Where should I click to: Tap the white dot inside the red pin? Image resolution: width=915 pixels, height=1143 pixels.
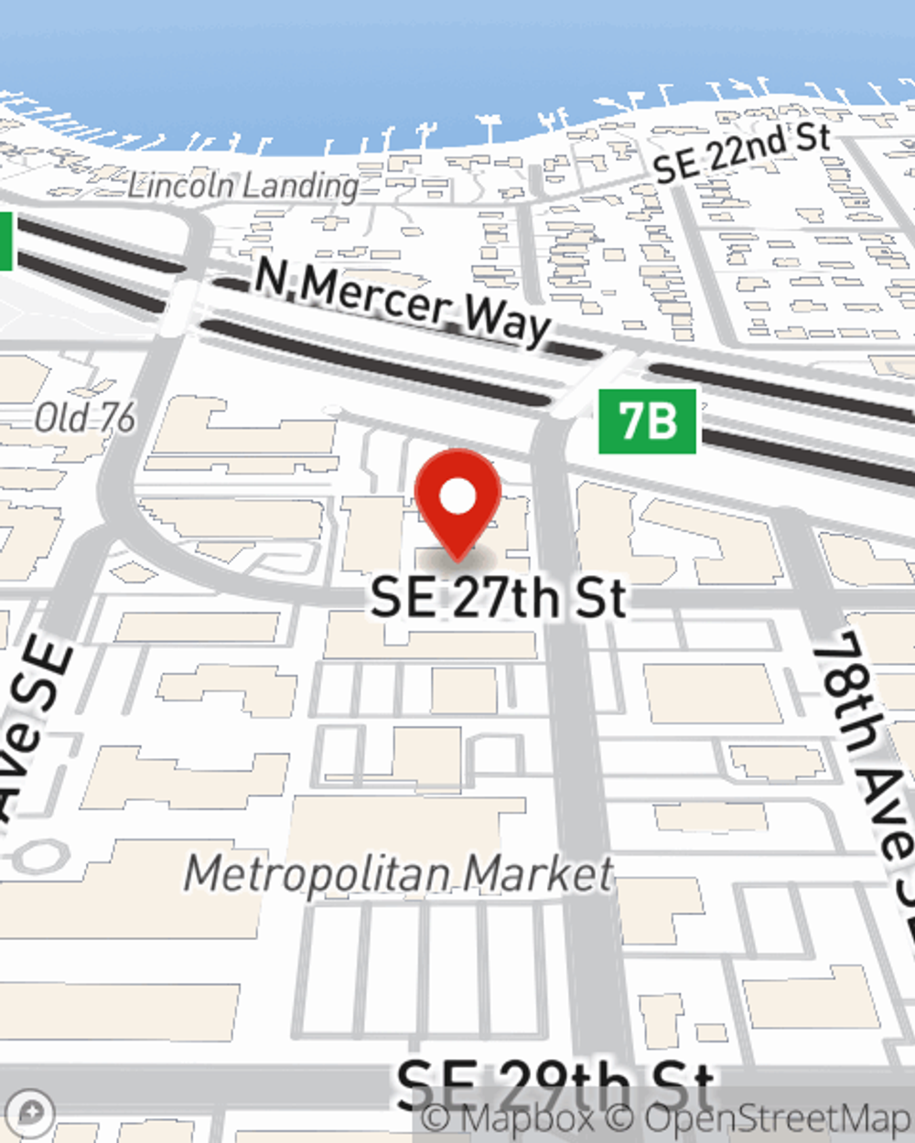tap(457, 497)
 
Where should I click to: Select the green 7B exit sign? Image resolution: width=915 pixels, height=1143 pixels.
tap(647, 422)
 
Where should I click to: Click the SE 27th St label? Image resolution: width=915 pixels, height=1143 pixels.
tap(499, 598)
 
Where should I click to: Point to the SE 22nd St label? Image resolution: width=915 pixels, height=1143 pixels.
tap(742, 153)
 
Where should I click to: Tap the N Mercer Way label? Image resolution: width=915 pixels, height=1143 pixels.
tap(403, 301)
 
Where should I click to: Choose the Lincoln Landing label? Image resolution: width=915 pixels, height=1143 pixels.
tap(243, 187)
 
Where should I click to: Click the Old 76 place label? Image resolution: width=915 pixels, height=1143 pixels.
tap(85, 419)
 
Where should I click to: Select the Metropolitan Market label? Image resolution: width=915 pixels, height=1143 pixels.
tap(399, 874)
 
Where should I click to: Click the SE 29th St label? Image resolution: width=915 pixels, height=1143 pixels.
tap(554, 1085)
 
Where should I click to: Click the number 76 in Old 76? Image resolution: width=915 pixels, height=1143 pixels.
tap(116, 419)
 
